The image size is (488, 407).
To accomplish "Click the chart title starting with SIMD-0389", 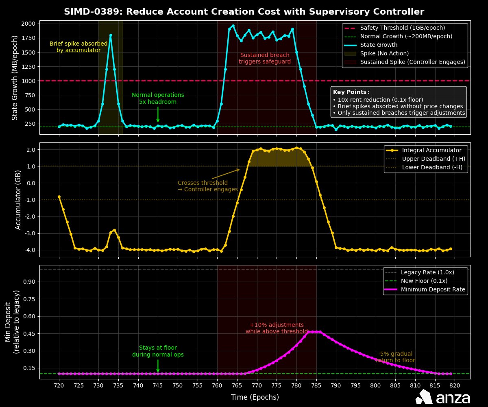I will coord(244,11).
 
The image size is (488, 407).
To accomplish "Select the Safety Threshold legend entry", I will coord(403,28).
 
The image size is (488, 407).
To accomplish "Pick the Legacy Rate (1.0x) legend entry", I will coord(427,272).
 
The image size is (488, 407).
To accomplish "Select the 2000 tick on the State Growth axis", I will coord(28,24).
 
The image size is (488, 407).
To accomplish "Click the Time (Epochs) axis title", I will coord(255,397).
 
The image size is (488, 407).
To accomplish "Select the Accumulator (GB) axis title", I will coord(18,199).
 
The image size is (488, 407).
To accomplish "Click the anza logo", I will coord(443,397).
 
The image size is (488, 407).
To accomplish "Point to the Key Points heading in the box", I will coord(351,92).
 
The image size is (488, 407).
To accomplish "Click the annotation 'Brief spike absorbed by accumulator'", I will coord(78,47).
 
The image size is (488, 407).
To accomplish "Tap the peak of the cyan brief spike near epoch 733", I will coord(111,35).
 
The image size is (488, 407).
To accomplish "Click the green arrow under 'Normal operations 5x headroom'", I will coord(158,114).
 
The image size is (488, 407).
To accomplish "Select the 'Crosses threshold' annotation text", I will coord(203,183).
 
